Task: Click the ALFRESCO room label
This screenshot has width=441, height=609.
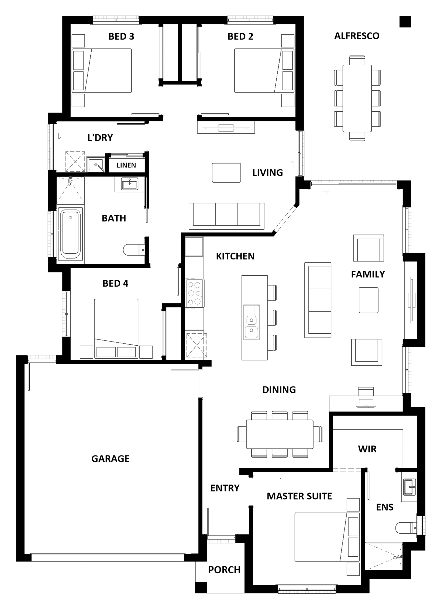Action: (357, 36)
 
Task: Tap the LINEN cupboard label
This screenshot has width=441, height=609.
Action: (126, 165)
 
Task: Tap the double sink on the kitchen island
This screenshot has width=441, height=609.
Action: (252, 322)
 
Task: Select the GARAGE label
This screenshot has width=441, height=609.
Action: (110, 458)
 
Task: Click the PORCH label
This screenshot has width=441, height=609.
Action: (224, 570)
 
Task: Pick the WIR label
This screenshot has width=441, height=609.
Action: (367, 449)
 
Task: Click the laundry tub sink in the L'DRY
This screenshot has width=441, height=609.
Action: (96, 164)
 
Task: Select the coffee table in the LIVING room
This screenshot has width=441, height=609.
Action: (226, 173)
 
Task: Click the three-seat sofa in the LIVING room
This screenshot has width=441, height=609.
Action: (227, 216)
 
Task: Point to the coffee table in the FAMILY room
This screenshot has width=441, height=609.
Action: (368, 300)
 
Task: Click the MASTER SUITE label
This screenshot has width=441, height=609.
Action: (299, 496)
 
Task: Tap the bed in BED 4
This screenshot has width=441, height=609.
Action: (116, 329)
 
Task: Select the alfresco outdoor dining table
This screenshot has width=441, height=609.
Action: (357, 98)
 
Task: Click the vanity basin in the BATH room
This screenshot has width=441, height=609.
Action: (130, 185)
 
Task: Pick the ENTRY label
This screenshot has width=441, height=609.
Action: (225, 488)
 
